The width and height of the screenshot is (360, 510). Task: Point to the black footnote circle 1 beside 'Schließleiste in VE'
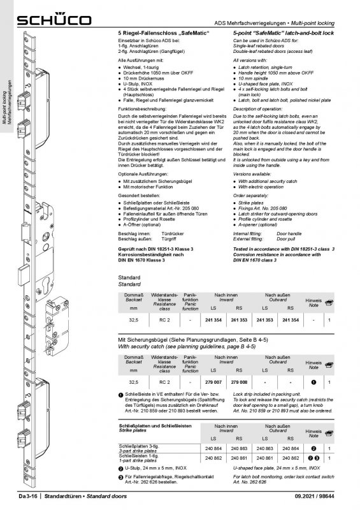coord(122,396)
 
